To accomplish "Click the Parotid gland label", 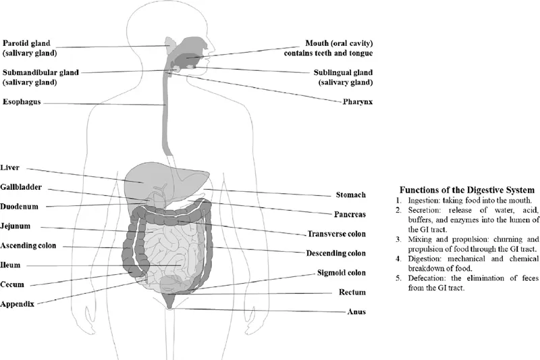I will click(27, 41).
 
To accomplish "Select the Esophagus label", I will click(22, 103).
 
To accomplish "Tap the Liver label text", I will click(11, 167).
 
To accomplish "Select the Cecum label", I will click(13, 284).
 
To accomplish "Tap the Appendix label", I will click(18, 304).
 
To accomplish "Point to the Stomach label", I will click(350, 195).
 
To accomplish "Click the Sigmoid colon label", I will click(342, 273).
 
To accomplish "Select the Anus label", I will click(356, 312).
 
